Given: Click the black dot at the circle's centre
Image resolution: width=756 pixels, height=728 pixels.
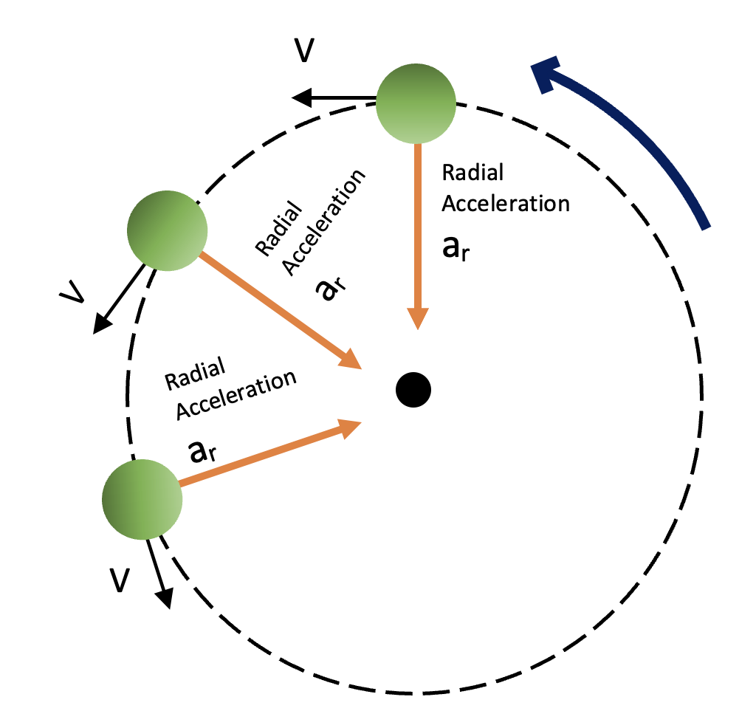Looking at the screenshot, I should point(413,388).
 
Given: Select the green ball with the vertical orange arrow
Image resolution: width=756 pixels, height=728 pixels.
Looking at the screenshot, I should point(416,103).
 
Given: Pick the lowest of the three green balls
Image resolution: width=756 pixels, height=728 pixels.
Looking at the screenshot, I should point(141,498).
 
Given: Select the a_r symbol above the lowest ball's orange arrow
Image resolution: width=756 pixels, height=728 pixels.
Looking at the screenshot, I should point(203,452).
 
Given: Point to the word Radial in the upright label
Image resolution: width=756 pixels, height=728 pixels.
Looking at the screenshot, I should point(472,173).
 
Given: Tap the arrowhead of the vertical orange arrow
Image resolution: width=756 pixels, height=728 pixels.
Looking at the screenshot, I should point(418,317).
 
